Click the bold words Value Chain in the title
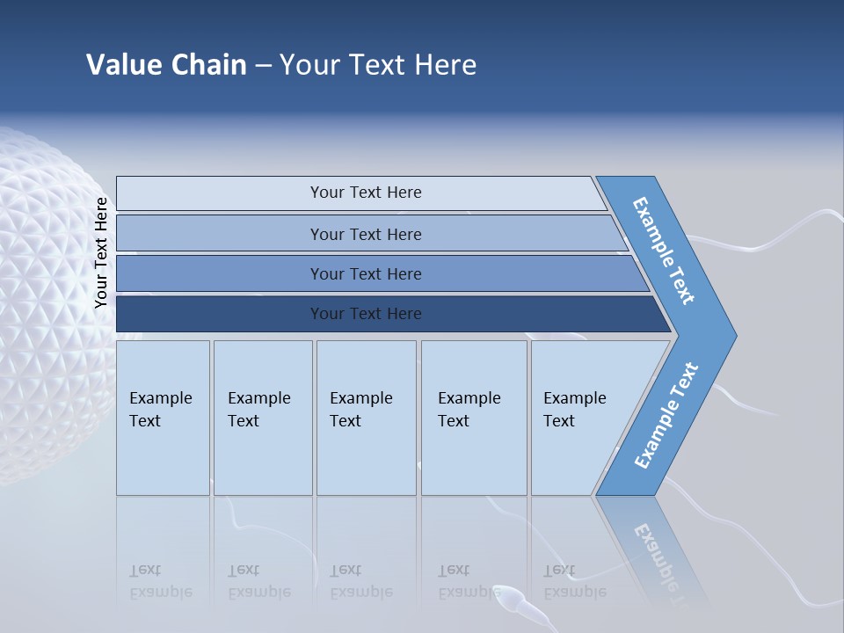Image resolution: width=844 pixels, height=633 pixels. click(x=166, y=65)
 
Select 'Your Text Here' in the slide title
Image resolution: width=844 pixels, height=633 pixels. click(x=378, y=65)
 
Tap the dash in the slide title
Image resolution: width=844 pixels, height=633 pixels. click(x=263, y=66)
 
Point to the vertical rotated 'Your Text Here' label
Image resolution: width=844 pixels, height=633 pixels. click(x=101, y=253)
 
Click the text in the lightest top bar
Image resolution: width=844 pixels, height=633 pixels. click(x=366, y=193)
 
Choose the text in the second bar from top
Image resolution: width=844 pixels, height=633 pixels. click(x=366, y=234)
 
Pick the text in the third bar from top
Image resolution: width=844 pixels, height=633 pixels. click(x=366, y=274)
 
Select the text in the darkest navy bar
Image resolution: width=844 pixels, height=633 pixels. click(x=366, y=314)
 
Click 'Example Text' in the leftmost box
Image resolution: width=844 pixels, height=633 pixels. click(x=160, y=410)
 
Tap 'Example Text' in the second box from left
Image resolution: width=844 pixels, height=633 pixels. click(x=258, y=410)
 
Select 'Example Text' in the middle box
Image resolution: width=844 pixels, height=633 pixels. click(x=360, y=410)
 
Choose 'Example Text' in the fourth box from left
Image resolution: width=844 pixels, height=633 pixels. click(x=469, y=410)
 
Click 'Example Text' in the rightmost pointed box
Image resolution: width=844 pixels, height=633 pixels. click(x=574, y=410)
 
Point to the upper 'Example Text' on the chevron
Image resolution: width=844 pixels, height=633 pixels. click(x=664, y=251)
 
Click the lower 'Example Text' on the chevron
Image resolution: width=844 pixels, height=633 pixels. click(x=666, y=416)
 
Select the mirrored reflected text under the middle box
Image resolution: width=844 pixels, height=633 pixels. click(x=360, y=581)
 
